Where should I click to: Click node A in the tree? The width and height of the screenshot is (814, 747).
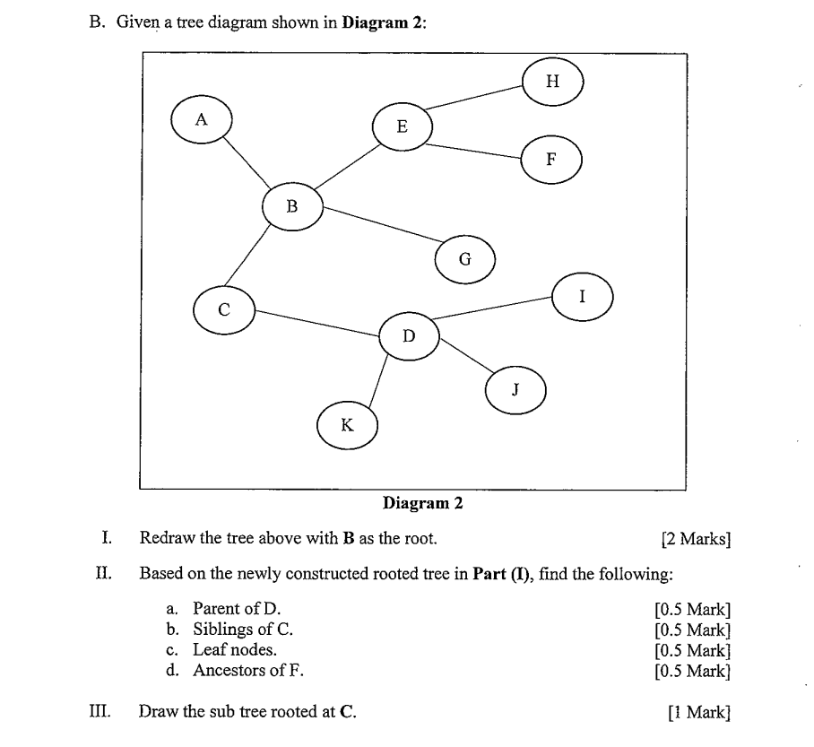pyautogui.click(x=202, y=119)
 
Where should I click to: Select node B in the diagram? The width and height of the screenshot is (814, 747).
pyautogui.click(x=291, y=206)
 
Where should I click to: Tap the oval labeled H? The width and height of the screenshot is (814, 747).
pyautogui.click(x=552, y=82)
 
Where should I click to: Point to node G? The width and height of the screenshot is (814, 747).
pyautogui.click(x=464, y=260)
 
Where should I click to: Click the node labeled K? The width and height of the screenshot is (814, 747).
pyautogui.click(x=347, y=425)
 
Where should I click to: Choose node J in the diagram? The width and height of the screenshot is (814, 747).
pyautogui.click(x=515, y=390)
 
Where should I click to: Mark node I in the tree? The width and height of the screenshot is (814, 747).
pyautogui.click(x=583, y=296)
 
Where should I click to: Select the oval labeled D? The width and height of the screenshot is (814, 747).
pyautogui.click(x=409, y=336)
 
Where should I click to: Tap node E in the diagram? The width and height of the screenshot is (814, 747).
pyautogui.click(x=402, y=127)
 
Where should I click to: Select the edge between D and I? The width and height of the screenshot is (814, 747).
pyautogui.click(x=493, y=307)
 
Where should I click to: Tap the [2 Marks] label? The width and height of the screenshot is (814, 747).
pyautogui.click(x=695, y=539)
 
